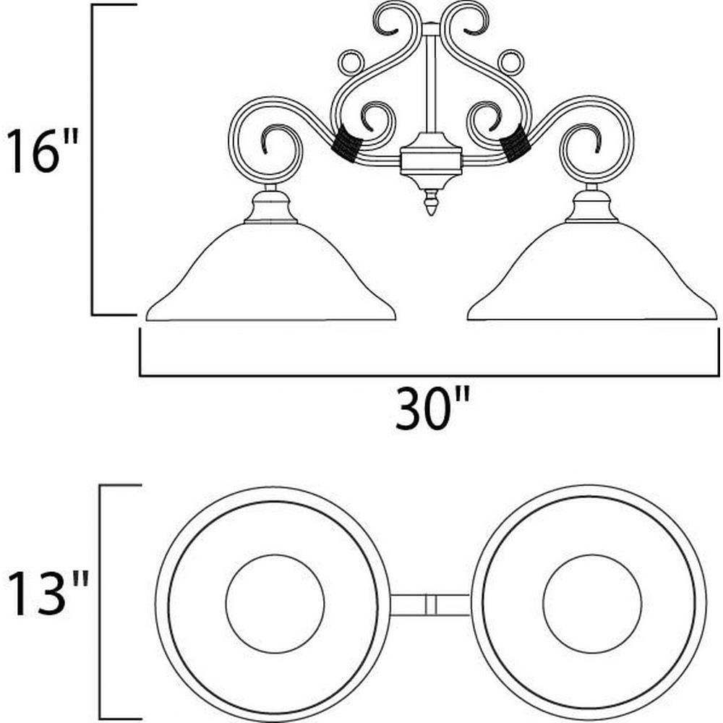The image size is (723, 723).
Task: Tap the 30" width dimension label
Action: (x=432, y=408)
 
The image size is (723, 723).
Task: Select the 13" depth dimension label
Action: (x=48, y=593)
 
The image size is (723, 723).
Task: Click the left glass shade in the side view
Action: (x=271, y=272)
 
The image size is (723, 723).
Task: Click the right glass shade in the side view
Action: (x=592, y=272)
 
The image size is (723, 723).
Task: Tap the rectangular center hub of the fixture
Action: (x=431, y=161)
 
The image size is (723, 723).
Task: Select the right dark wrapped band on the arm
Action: (x=516, y=143)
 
